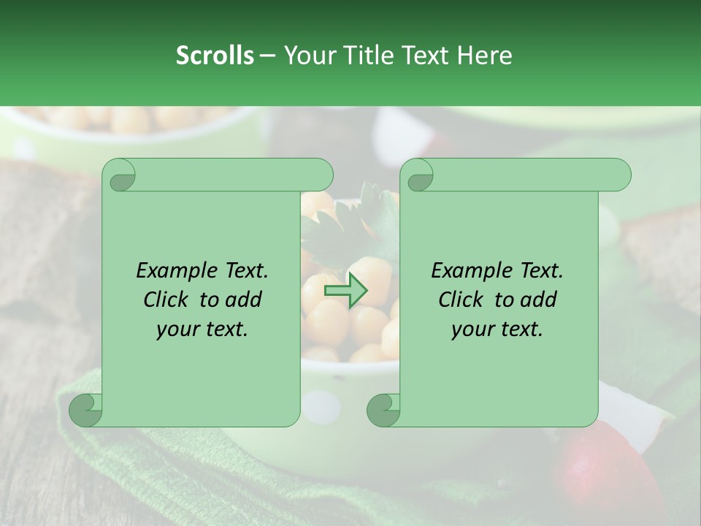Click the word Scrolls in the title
point(215,56)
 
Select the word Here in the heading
point(484,56)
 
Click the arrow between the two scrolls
point(345,291)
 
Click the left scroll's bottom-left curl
point(85,410)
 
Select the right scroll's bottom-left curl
point(383,410)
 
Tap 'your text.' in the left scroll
point(202,329)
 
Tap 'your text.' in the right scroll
point(497,329)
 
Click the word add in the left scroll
point(242,300)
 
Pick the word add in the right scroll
point(537,300)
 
